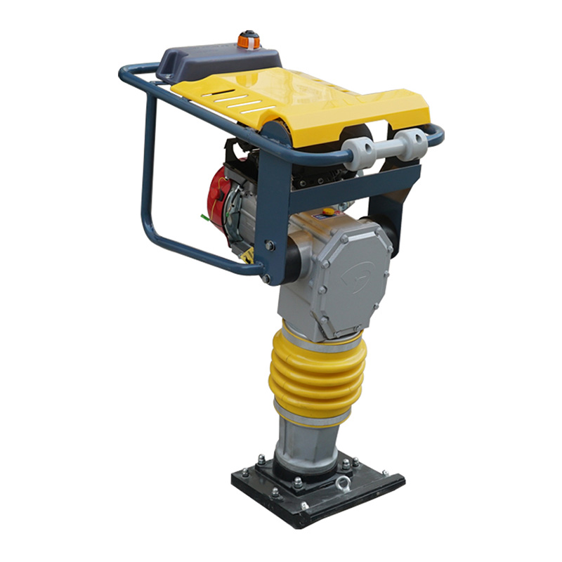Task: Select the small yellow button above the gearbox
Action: click(x=328, y=210)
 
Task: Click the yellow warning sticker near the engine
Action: click(x=247, y=256)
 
